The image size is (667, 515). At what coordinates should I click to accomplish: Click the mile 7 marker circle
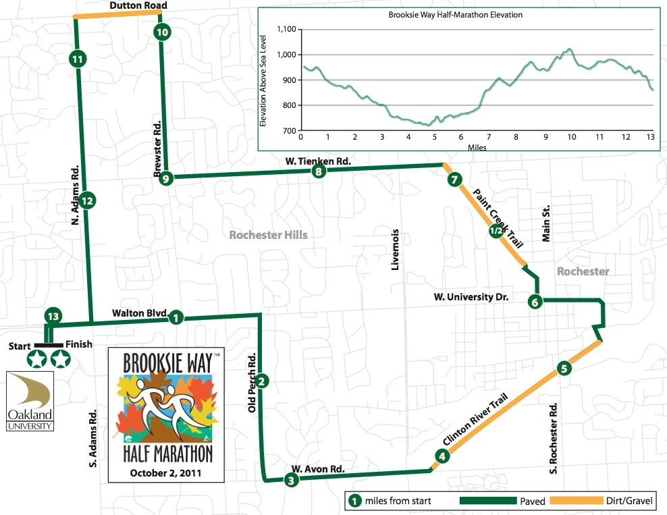[454, 180]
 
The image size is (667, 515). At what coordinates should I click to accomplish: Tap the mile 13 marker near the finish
[53, 316]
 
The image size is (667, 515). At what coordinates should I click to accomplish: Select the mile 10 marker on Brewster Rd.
[162, 31]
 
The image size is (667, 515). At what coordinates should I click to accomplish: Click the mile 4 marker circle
[442, 456]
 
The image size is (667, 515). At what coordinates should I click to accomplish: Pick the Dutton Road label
[139, 6]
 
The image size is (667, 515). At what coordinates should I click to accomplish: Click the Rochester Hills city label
[268, 235]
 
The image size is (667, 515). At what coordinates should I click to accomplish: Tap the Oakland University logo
[31, 401]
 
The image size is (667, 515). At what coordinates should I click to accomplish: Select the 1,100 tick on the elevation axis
[287, 29]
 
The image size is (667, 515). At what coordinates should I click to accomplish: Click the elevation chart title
[456, 14]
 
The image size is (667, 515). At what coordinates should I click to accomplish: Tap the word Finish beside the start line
[79, 344]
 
